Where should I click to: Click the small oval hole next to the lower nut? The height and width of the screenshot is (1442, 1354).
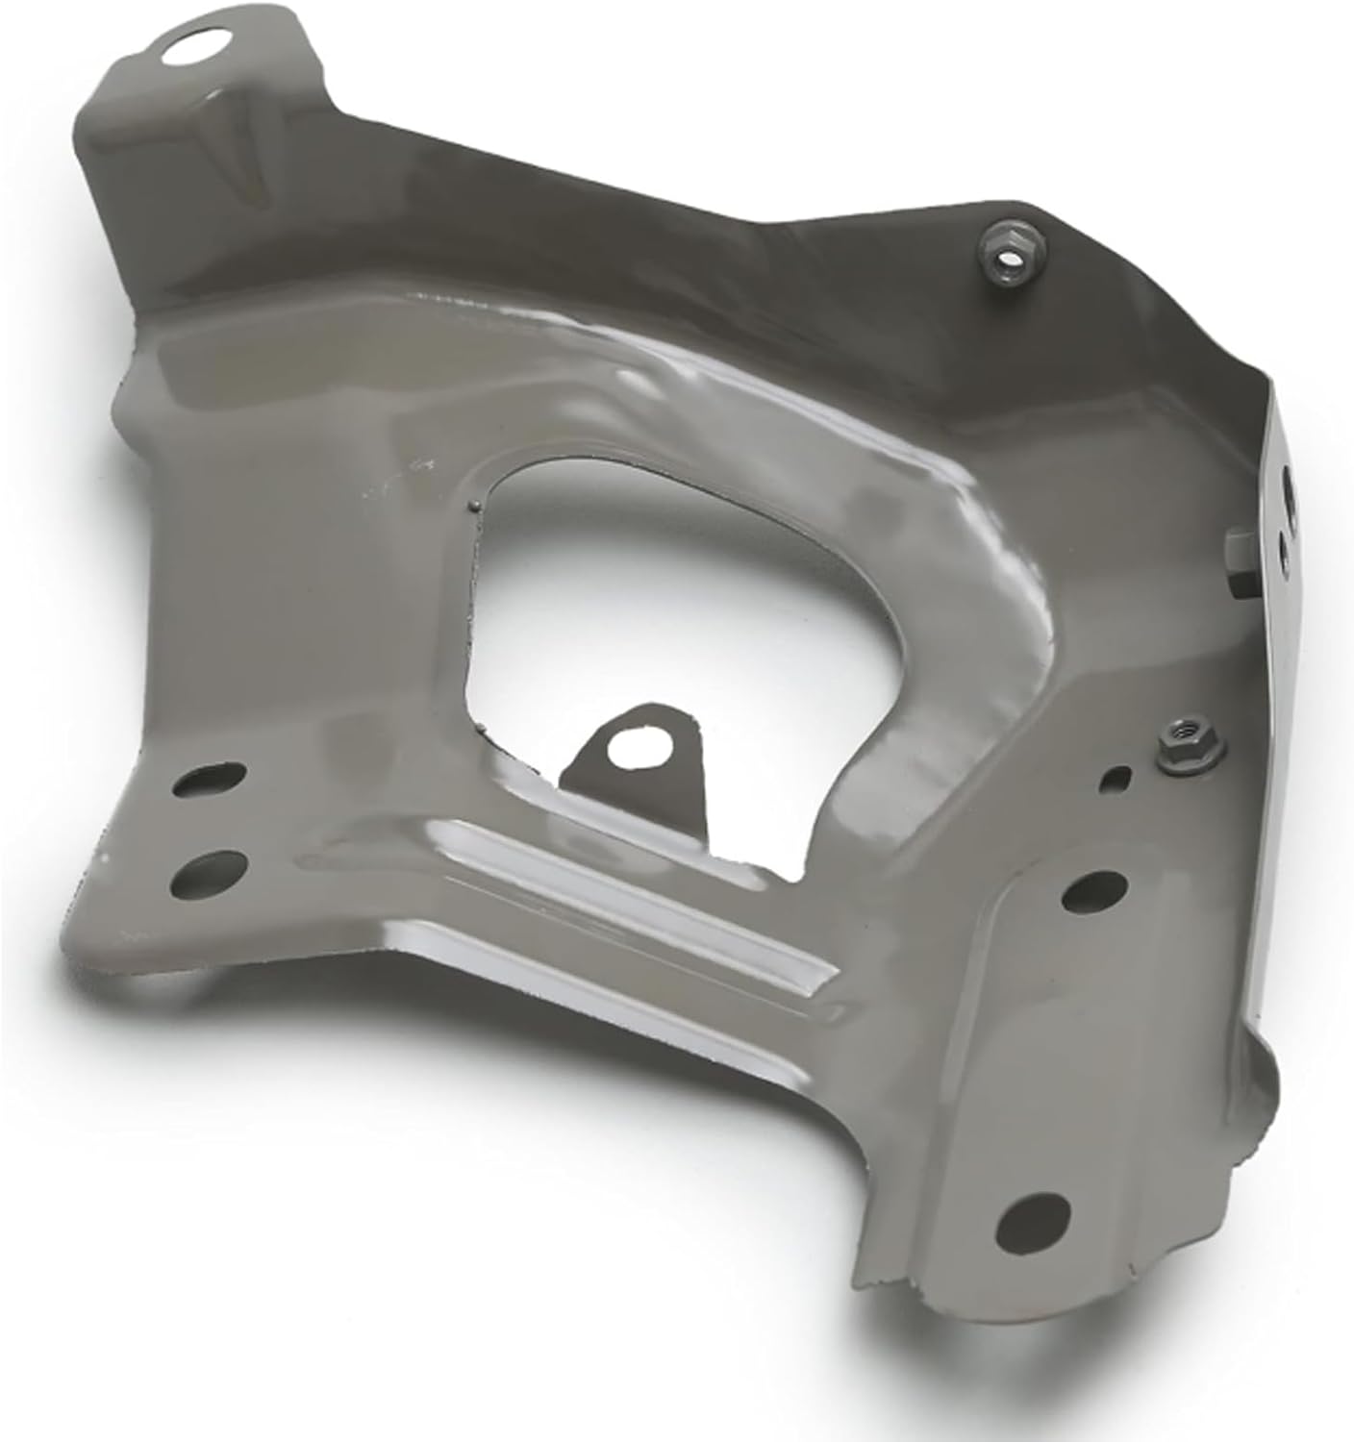[x=1118, y=776]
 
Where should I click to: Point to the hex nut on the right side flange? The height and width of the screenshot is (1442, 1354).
[x=1241, y=571]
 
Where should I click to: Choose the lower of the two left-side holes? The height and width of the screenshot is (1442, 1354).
[x=205, y=872]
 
